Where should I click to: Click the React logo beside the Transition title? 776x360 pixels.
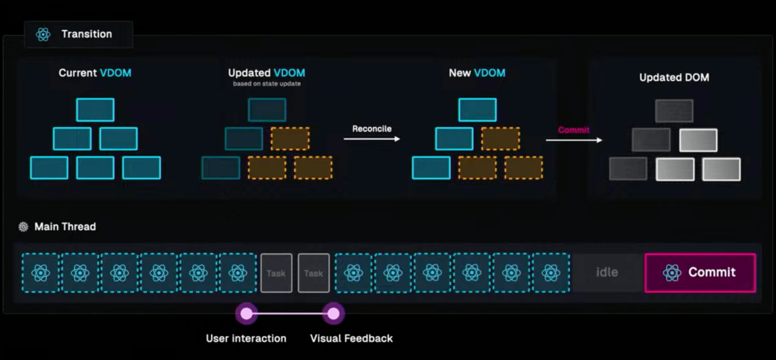tap(43, 34)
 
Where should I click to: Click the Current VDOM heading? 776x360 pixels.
tap(95, 73)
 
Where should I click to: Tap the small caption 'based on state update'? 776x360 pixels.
tap(267, 84)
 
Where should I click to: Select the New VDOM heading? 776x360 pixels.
tap(477, 73)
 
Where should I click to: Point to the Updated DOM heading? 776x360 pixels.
tap(674, 78)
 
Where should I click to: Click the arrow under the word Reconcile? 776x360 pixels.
tap(372, 139)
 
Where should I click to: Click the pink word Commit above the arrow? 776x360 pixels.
tap(574, 130)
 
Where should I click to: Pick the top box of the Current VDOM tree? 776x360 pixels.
tap(95, 110)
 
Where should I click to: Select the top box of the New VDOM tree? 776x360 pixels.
tap(477, 110)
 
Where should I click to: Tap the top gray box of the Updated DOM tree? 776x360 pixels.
tap(674, 111)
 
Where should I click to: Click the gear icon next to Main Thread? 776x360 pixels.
tap(23, 227)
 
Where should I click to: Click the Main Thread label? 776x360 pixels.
tap(65, 227)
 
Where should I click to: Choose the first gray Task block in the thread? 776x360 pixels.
tap(276, 273)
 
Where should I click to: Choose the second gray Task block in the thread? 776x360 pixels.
tap(314, 273)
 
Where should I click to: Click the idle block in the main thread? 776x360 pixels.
tap(607, 272)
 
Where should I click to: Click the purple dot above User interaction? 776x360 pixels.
tap(246, 313)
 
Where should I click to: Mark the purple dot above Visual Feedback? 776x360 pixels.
tap(333, 313)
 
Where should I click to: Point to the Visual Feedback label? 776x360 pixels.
tap(351, 338)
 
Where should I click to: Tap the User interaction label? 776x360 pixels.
tap(246, 338)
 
